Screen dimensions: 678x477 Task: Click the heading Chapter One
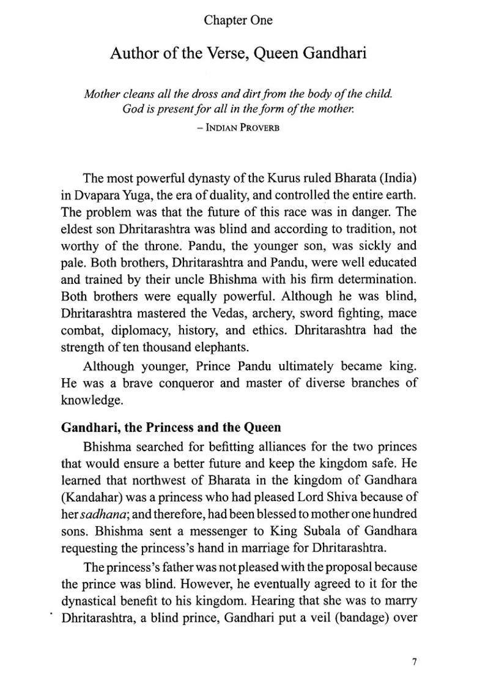click(238, 20)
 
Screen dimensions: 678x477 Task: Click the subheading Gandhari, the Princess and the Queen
click(171, 427)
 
